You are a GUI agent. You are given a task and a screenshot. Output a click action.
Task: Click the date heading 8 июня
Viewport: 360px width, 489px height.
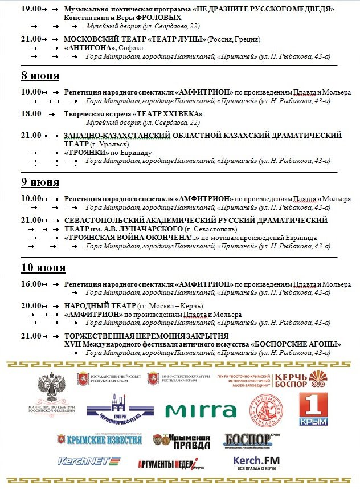(40, 76)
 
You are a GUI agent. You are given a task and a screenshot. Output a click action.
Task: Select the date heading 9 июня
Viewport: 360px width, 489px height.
(40, 182)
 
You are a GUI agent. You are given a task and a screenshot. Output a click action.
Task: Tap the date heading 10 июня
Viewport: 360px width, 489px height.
(43, 267)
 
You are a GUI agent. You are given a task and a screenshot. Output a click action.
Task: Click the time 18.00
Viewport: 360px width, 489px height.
(31, 113)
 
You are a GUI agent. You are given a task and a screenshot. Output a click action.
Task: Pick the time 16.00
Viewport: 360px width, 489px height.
(31, 284)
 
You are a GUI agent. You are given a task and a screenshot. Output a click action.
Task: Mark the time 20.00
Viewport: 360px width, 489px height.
(31, 305)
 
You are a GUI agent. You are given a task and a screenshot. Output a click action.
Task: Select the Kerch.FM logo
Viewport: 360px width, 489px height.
(256, 462)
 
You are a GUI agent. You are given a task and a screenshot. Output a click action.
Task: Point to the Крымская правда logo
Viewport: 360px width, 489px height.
(181, 441)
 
